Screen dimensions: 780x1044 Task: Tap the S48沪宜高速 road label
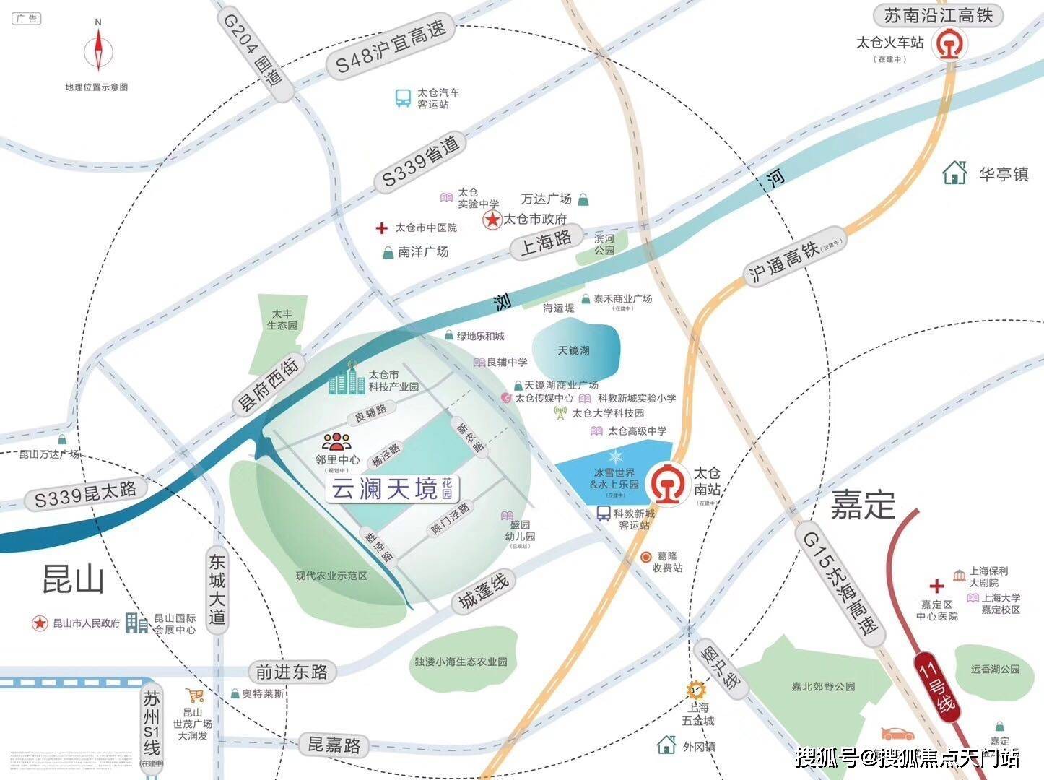(391, 48)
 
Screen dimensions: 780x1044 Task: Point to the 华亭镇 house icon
(955, 173)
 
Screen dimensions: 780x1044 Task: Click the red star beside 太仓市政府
(492, 220)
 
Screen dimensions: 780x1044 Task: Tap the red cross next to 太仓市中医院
(381, 228)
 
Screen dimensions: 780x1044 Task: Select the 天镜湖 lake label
(574, 350)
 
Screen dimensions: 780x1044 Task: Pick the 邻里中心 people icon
(336, 441)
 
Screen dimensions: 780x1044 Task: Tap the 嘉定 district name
(863, 504)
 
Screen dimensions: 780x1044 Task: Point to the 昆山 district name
(73, 578)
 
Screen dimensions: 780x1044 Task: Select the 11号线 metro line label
(937, 682)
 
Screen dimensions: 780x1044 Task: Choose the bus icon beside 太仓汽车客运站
(403, 98)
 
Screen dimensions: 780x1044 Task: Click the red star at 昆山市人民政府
(39, 623)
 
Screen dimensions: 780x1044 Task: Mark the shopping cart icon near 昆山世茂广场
(195, 695)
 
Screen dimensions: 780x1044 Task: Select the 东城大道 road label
(217, 589)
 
